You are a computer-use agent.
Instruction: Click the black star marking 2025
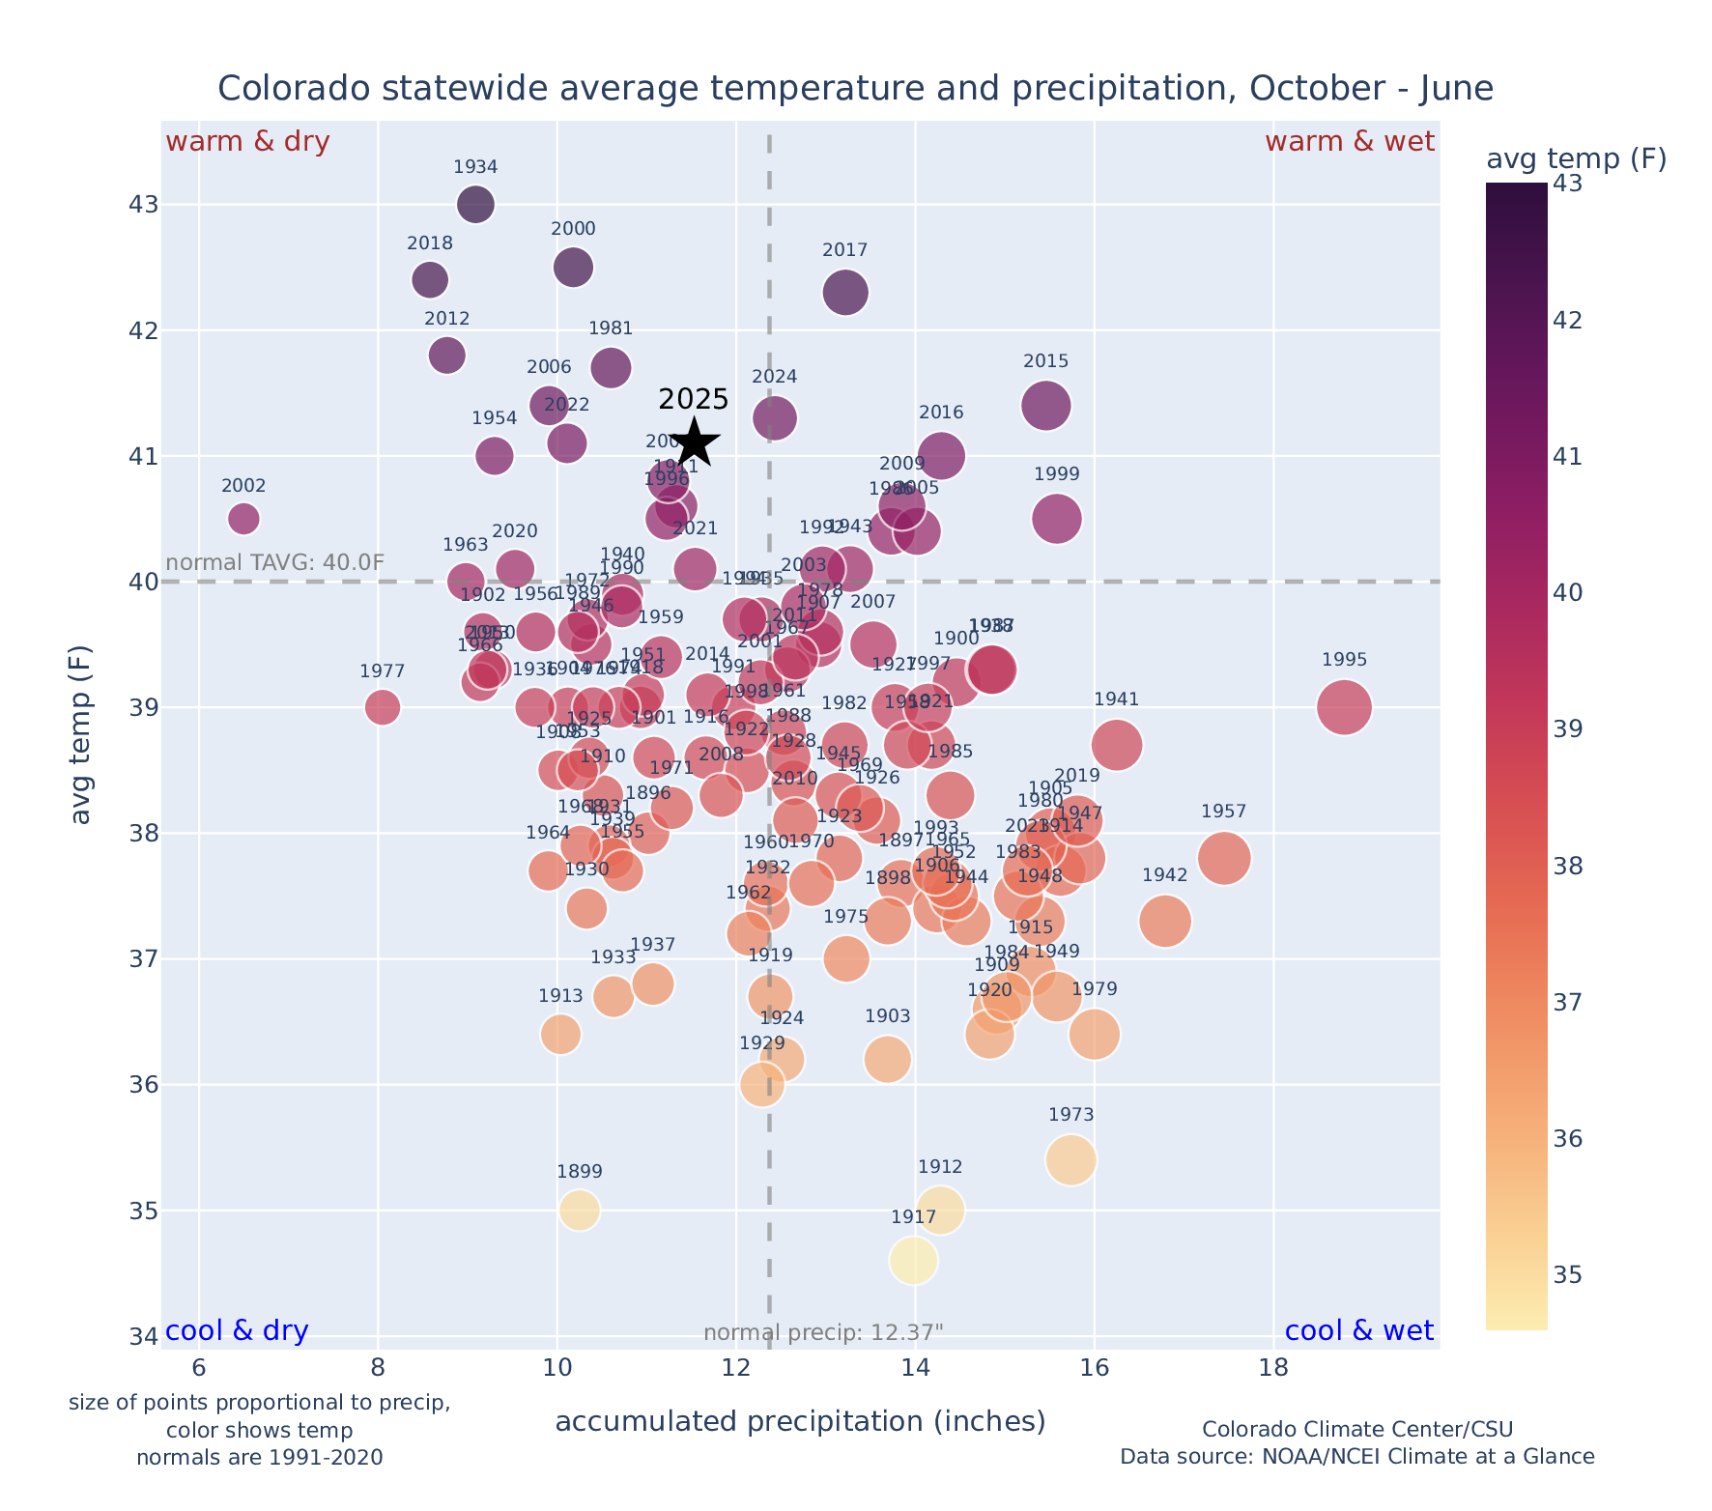[x=694, y=443]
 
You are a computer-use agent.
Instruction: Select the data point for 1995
[x=1344, y=707]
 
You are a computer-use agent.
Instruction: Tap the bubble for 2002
[x=243, y=519]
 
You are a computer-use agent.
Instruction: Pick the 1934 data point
[x=475, y=205]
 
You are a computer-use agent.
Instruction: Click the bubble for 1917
[x=914, y=1261]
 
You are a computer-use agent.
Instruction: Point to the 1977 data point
[x=383, y=707]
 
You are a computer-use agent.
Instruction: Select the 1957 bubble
[x=1224, y=858]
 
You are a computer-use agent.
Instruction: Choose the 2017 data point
[x=845, y=293]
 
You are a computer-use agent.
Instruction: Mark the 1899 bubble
[x=580, y=1210]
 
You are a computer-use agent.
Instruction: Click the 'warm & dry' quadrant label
[x=248, y=142]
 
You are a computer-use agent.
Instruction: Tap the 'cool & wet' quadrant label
[x=1358, y=1330]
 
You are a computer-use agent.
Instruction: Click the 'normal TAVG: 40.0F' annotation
[x=275, y=562]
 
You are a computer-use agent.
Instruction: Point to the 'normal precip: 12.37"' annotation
[x=822, y=1333]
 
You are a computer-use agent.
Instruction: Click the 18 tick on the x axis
[x=1273, y=1368]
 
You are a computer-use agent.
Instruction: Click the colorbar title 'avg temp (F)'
[x=1576, y=158]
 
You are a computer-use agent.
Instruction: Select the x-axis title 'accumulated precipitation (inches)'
[x=800, y=1421]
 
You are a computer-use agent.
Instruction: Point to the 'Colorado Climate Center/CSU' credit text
[x=1356, y=1429]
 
